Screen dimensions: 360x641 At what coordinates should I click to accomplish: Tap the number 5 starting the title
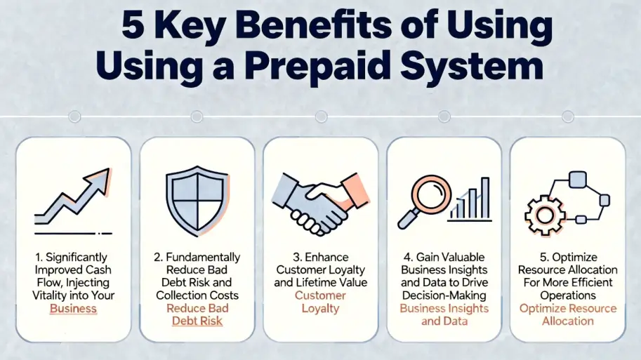133,27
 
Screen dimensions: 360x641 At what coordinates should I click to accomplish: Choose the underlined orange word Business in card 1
73,309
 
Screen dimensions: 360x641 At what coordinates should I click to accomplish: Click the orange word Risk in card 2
209,321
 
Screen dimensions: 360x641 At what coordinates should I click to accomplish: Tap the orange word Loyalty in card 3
320,309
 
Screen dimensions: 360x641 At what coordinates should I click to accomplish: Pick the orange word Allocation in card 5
567,321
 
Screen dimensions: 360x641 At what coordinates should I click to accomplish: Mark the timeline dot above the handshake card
321,116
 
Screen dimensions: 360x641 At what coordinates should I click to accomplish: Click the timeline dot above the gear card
567,116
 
